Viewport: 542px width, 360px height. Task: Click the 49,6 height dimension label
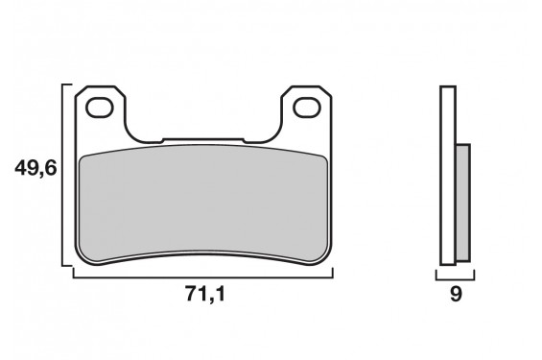[35, 169]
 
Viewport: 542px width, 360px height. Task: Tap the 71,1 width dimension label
[205, 295]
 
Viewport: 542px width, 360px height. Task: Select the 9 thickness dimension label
[456, 295]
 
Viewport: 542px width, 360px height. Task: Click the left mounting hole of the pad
[100, 108]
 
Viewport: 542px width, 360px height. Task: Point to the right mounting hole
[307, 108]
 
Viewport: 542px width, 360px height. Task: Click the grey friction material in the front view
[203, 203]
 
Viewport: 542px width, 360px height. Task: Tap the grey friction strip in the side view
[463, 203]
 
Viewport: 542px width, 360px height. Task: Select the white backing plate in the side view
[448, 176]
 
